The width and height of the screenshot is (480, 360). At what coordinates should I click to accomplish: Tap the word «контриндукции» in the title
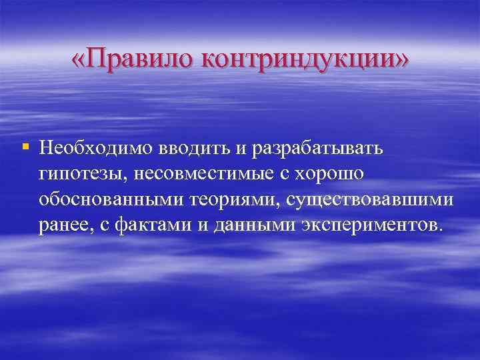(292, 61)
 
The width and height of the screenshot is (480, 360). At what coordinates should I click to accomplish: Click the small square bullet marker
(25, 145)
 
